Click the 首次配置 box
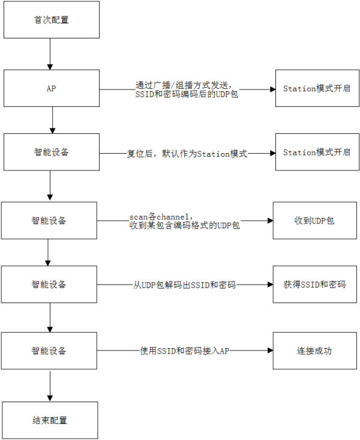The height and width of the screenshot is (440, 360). coord(52,20)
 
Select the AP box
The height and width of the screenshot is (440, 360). coord(52,88)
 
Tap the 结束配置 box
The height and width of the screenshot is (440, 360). coord(50,420)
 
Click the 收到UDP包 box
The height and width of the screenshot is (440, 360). coord(315,220)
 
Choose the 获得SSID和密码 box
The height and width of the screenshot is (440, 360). coord(315,285)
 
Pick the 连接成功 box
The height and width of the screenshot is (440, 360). coord(315,351)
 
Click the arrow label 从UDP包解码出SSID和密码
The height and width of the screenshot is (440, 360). coord(184,285)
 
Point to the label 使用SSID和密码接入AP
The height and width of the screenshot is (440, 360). coord(185,351)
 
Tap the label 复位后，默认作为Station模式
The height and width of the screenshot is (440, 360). coord(187,154)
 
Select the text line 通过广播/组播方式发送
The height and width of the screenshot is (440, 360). coord(184,85)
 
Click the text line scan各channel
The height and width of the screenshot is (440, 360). coord(161,217)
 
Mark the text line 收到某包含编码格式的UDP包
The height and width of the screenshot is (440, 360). coord(185,225)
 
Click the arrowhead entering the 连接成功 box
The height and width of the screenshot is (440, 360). coord(271,351)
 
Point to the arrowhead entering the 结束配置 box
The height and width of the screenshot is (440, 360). coord(50,399)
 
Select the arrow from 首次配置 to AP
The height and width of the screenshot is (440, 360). coord(50,54)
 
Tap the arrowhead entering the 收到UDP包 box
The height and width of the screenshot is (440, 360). coord(271,220)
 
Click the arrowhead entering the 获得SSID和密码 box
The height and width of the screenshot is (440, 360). coord(271,285)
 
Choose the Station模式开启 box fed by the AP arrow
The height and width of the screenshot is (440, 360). coord(317,88)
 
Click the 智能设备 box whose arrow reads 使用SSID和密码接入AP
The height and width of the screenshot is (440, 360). coord(49,351)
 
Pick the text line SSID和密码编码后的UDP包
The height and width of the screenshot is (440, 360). coord(187,94)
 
